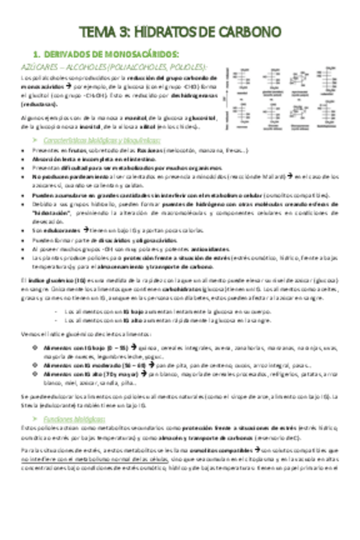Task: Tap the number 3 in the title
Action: [x=125, y=32]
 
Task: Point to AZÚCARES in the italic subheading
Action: [x=38, y=67]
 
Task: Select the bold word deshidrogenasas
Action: [x=194, y=96]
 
